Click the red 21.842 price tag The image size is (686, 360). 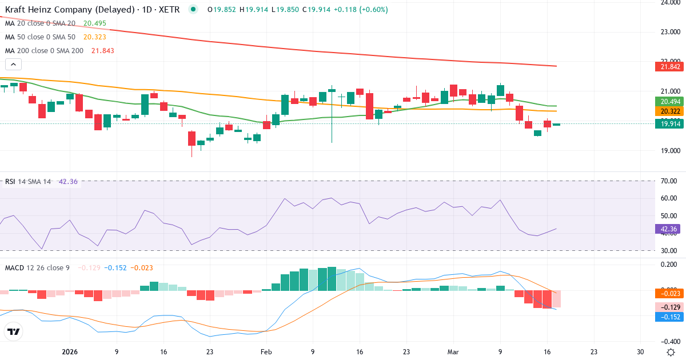(x=668, y=66)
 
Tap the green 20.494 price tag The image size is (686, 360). (x=668, y=101)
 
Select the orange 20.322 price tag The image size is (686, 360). (x=668, y=111)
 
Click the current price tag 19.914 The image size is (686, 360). (x=668, y=123)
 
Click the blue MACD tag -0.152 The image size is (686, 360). (x=668, y=317)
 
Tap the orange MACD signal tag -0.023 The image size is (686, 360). (x=668, y=294)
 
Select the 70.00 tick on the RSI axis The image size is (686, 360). (x=669, y=181)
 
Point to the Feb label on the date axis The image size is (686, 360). (x=266, y=352)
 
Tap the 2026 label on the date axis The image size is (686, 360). (x=69, y=352)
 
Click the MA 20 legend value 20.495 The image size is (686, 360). (x=94, y=23)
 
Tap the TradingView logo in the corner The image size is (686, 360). (x=14, y=331)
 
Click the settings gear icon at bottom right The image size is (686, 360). (x=671, y=351)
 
